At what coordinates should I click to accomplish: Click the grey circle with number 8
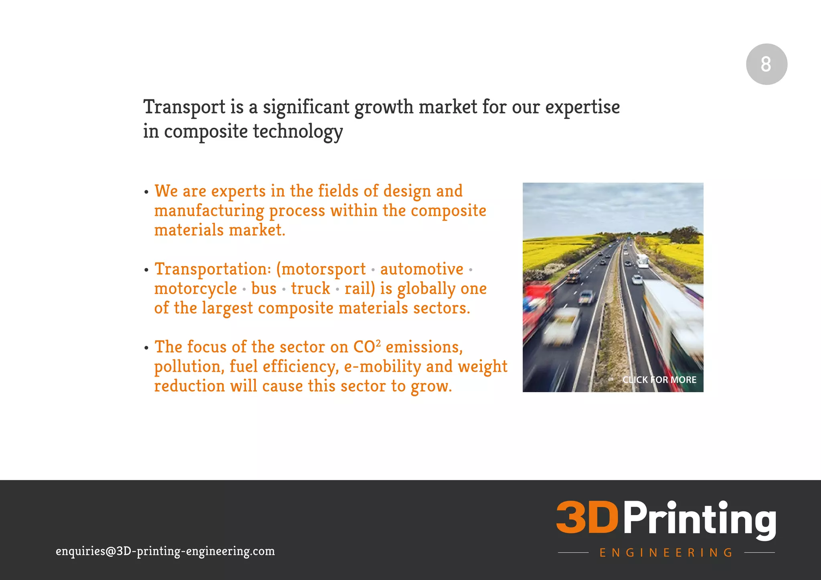pos(766,64)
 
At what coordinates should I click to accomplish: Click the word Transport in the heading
pos(184,107)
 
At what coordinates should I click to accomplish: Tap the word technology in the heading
pos(298,132)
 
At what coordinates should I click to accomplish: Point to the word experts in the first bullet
pos(239,191)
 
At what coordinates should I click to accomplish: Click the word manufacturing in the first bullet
pos(209,211)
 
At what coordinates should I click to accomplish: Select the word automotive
pos(422,269)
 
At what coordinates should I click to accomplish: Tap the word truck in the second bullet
pos(311,289)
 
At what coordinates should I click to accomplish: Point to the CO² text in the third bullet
pos(366,347)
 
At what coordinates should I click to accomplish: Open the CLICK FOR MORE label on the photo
pos(659,380)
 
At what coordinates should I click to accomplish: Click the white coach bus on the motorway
pos(642,261)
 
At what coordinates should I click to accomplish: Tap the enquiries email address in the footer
pos(165,551)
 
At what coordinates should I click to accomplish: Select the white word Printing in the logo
pos(700,519)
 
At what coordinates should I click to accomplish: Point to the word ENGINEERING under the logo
pos(666,553)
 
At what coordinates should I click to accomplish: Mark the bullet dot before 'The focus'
pos(146,348)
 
